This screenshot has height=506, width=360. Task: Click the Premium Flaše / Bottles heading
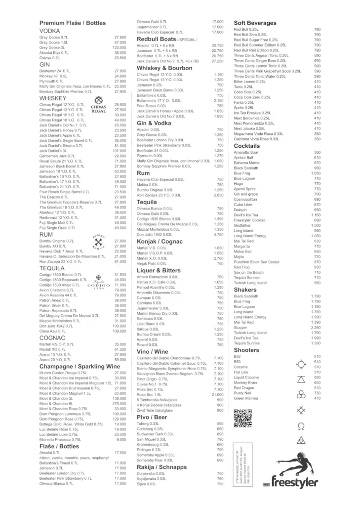click(72, 23)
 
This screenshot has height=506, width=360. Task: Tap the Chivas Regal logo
click(99, 105)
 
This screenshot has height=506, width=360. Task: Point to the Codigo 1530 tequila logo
click(98, 281)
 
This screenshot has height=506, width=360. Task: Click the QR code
click(240, 418)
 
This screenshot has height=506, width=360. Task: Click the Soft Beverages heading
click(255, 23)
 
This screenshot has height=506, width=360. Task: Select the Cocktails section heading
click(246, 146)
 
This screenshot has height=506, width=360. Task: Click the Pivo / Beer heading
click(152, 417)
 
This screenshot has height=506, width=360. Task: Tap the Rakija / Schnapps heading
click(161, 466)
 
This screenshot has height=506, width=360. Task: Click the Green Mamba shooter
click(245, 398)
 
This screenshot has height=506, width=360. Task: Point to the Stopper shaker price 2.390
click(316, 327)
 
